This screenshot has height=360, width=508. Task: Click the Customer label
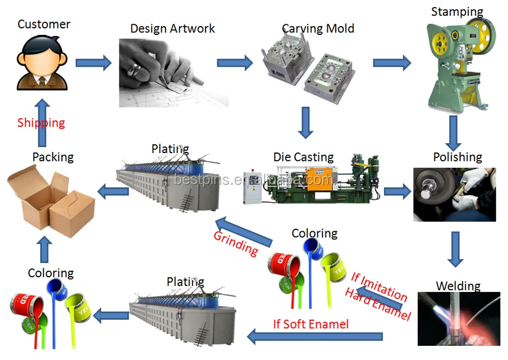pos(44,24)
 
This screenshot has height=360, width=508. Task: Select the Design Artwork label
pos(172,28)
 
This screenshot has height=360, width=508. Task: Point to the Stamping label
pos(457,12)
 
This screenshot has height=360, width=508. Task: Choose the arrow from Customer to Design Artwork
pos(93,63)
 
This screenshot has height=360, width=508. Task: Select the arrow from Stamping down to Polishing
pos(453,132)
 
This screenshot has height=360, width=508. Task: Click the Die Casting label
pos(303,157)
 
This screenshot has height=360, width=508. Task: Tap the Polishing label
pos(457,157)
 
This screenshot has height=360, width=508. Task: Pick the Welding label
pos(458,286)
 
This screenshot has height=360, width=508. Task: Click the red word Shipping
pos(41,123)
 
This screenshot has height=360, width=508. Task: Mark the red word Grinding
pos(236,243)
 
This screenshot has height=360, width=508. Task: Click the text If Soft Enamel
pos(311,324)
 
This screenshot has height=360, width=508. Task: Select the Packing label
pos(53,157)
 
